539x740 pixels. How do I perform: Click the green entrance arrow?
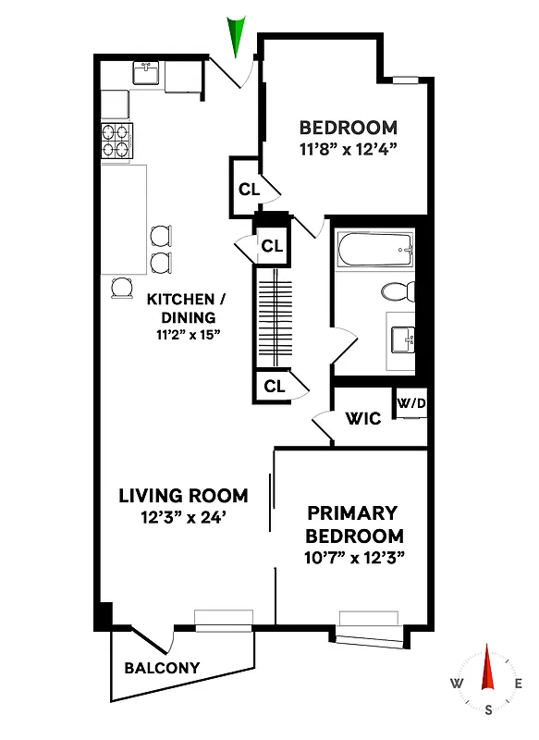pyautogui.click(x=238, y=37)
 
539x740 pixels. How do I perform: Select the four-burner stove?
pyautogui.click(x=117, y=141)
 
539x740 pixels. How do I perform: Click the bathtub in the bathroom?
pyautogui.click(x=372, y=247)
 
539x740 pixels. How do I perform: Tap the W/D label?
pyautogui.click(x=410, y=403)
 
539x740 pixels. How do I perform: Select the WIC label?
pyautogui.click(x=362, y=419)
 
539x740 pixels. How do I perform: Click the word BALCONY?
pyautogui.click(x=162, y=668)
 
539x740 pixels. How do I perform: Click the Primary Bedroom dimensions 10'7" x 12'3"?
pyautogui.click(x=354, y=558)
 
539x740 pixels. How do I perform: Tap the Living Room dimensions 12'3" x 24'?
pyautogui.click(x=183, y=518)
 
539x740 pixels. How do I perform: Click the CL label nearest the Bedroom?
pyautogui.click(x=249, y=189)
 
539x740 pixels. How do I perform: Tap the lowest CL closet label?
pyautogui.click(x=274, y=387)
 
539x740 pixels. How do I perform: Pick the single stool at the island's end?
pyautogui.click(x=122, y=289)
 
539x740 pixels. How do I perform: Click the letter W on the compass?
pyautogui.click(x=457, y=684)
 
